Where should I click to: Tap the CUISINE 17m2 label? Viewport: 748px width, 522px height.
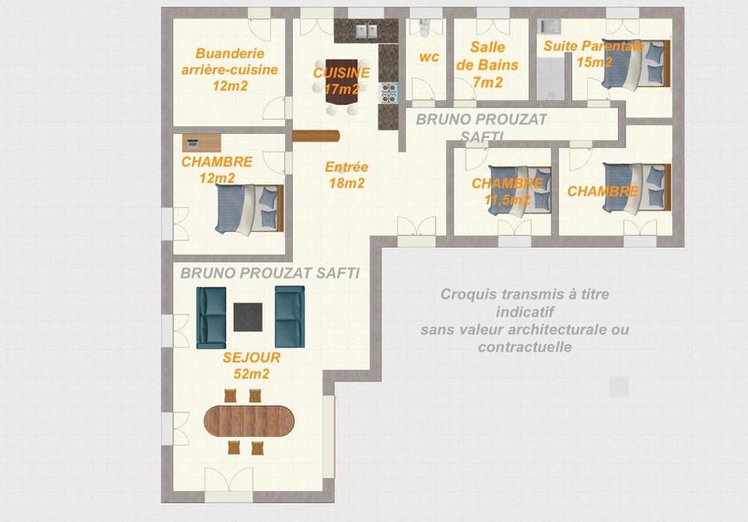tap(341, 80)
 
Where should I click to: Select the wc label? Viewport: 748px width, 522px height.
tap(429, 57)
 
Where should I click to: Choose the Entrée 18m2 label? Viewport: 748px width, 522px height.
tap(346, 175)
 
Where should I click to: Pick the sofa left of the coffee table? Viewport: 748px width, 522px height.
tap(212, 315)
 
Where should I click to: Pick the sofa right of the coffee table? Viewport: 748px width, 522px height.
tap(289, 315)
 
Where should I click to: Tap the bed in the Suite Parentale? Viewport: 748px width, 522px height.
tap(636, 67)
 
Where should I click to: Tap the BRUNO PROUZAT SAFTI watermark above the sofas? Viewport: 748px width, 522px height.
tap(269, 272)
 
